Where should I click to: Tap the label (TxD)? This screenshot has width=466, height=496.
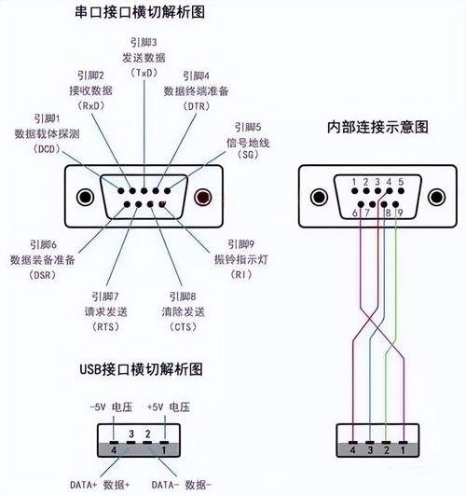pos(144,73)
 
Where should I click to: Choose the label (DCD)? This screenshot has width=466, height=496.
pos(46,148)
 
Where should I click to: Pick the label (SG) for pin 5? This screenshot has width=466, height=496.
pos(249,156)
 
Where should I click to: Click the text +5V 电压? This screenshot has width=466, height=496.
pos(170,406)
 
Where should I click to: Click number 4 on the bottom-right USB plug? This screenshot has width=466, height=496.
pos(352,448)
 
